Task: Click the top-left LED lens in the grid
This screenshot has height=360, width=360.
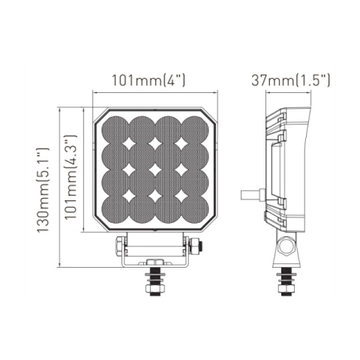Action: pyautogui.click(x=116, y=129)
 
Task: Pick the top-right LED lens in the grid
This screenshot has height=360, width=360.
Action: pyautogui.click(x=195, y=129)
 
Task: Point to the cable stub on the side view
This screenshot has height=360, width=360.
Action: pyautogui.click(x=250, y=193)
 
